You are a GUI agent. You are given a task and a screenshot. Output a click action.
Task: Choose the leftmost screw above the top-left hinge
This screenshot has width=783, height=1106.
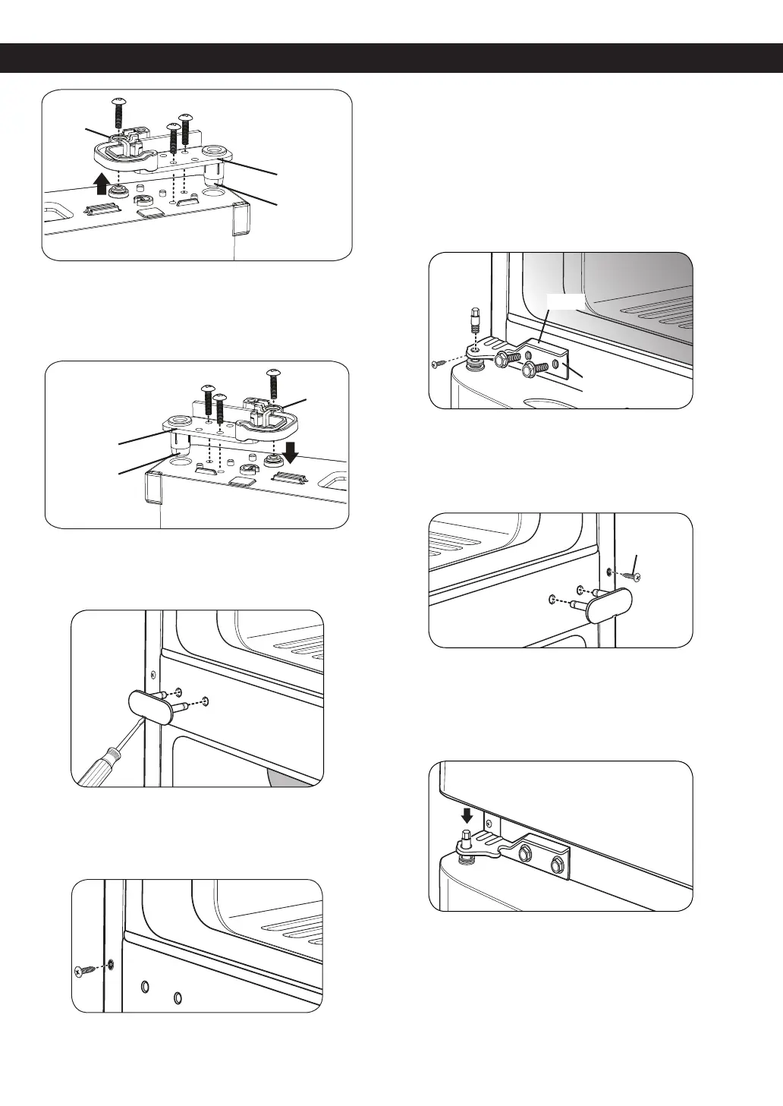point(118,112)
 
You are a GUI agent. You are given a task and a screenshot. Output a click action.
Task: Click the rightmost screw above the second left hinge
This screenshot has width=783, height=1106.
point(272,384)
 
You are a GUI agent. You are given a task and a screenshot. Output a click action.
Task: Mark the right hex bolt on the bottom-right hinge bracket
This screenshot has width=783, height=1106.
point(556,864)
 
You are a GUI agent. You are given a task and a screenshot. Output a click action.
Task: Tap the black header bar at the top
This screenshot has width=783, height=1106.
point(391,58)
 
